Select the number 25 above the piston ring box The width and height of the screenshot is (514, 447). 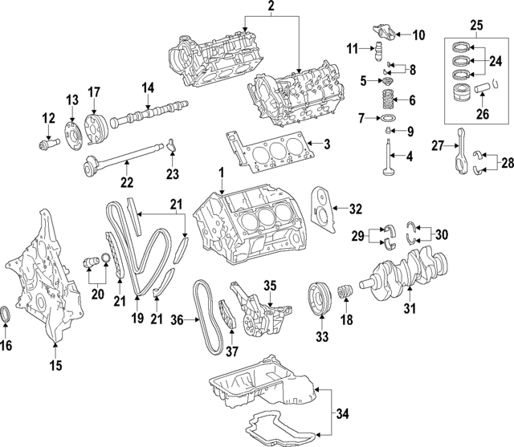coord(476,26)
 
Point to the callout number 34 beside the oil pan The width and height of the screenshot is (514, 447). coord(344,415)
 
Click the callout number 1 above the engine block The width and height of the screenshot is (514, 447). coord(221,173)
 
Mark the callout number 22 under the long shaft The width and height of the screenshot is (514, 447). coord(124,184)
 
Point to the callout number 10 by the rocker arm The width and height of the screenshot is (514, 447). coord(418,34)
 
